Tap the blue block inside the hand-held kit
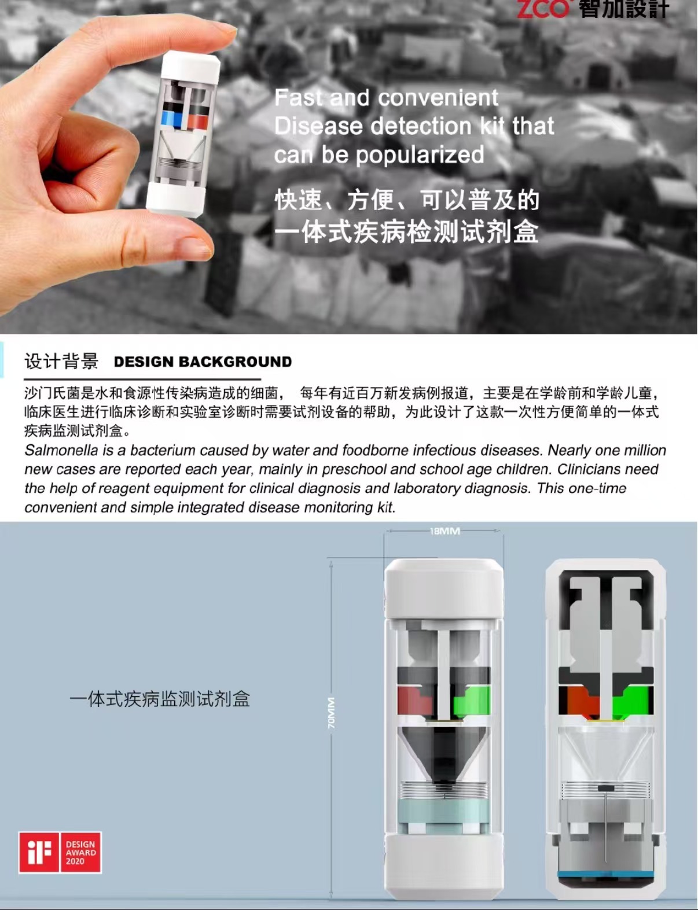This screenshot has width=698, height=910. (171, 119)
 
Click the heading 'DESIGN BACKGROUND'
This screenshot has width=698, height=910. (203, 362)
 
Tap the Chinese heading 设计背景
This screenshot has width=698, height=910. (61, 362)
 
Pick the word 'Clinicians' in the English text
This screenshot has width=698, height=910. (590, 469)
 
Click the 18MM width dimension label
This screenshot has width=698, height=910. (444, 531)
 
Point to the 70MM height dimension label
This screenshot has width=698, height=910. (331, 712)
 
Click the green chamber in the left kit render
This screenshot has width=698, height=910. (471, 701)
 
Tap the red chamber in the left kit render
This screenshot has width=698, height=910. (413, 700)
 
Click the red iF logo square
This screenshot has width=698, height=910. (39, 852)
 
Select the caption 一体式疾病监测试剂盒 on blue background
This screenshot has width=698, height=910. (160, 699)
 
